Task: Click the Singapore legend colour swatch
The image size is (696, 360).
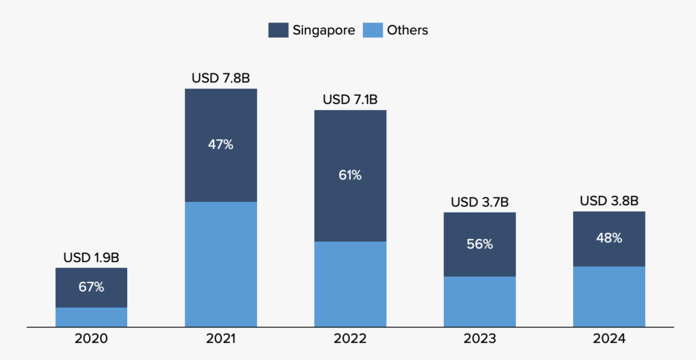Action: click(278, 30)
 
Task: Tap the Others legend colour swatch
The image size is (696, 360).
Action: click(372, 30)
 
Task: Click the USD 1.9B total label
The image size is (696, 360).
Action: click(91, 258)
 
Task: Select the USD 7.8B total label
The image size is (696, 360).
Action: click(220, 79)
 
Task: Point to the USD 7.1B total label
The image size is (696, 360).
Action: click(350, 100)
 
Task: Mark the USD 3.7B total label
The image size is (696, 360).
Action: click(479, 202)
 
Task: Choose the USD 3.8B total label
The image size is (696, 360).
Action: click(608, 201)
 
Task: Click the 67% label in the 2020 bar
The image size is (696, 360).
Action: click(91, 287)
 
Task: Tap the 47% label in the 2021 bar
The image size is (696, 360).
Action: click(220, 145)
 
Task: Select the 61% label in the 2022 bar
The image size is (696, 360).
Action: click(350, 175)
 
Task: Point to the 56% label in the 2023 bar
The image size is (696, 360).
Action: click(479, 245)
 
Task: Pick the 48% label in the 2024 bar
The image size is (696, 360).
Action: click(608, 238)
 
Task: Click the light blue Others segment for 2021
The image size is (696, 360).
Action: click(220, 264)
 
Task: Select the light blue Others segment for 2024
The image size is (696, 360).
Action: click(608, 296)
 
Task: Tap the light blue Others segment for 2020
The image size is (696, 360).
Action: click(91, 317)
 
